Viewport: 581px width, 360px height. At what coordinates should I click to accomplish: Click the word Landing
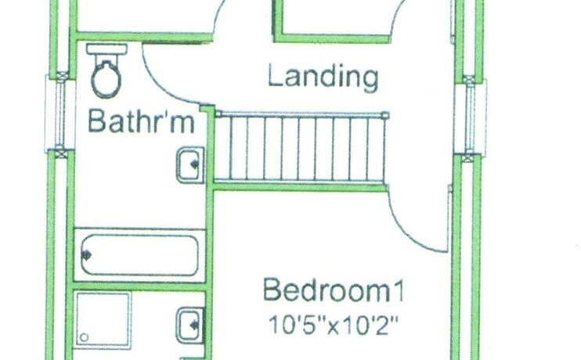323,77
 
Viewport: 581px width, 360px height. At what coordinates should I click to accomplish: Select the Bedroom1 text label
334,291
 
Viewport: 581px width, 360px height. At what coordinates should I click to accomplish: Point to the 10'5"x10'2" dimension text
334,325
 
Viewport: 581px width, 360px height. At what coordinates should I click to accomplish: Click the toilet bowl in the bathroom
106,78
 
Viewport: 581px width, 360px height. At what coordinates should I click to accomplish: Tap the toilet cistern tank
106,49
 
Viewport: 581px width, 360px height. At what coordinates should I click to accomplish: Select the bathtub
139,255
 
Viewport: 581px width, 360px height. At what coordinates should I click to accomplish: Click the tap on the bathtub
86,255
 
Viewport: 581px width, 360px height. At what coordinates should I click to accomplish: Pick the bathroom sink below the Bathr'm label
190,165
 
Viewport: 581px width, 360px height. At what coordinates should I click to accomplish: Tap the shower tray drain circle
84,337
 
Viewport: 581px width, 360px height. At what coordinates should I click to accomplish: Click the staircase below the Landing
299,148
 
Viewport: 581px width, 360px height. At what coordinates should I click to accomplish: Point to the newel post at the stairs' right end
385,116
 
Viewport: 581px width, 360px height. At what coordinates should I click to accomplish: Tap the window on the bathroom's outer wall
56,113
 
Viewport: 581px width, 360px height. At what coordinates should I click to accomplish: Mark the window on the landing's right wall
471,116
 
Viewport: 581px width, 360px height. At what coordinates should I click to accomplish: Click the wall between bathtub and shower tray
139,286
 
